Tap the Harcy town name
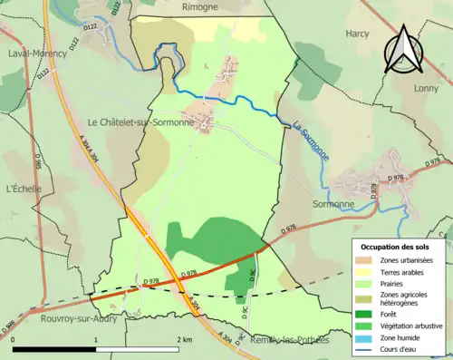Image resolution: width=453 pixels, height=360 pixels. click(357, 34)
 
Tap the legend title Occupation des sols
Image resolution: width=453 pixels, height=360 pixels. click(397, 247)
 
